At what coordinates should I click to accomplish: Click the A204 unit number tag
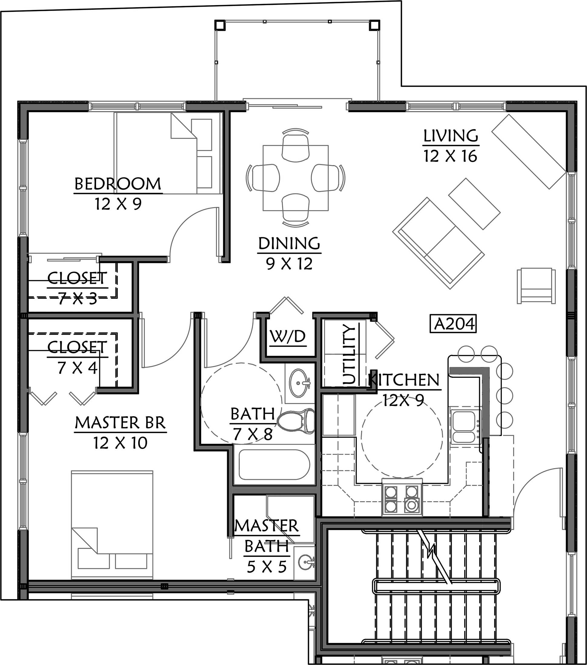coord(453,323)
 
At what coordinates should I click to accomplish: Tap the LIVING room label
coord(451,136)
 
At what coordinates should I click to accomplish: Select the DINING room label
coord(290,243)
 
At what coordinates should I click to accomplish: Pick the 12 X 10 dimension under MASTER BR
coord(120,443)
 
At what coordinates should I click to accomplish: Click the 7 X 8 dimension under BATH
coord(253,434)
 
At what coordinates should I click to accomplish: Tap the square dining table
coord(295,178)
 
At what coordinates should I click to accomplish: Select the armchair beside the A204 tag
coord(536,286)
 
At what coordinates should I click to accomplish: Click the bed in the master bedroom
coord(112,524)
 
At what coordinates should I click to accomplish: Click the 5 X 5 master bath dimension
coord(267,567)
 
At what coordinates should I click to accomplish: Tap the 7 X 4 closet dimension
coord(78,367)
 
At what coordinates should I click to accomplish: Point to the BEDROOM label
coord(118,184)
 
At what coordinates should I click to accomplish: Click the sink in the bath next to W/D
coord(300,383)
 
